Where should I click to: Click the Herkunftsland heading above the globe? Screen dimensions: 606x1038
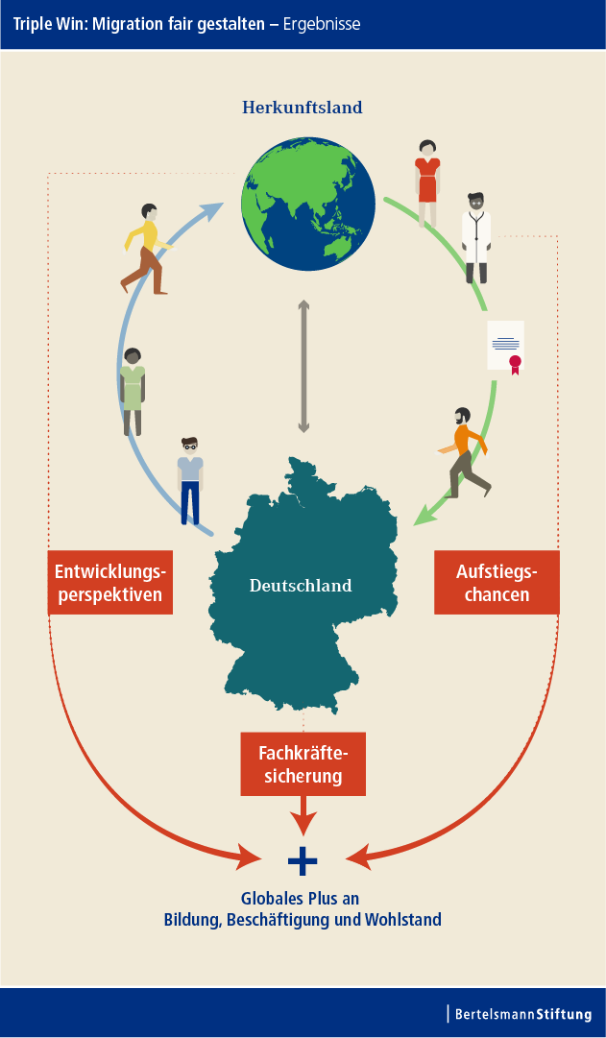click(x=302, y=108)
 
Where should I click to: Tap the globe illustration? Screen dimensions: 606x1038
click(x=308, y=204)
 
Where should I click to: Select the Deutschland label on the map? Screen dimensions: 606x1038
click(x=301, y=585)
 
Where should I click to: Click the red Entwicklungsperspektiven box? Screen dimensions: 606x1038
click(x=109, y=583)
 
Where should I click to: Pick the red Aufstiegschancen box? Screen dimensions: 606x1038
click(x=497, y=583)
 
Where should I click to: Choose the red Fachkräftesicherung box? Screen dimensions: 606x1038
click(x=303, y=764)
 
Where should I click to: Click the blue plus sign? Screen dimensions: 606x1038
click(x=303, y=861)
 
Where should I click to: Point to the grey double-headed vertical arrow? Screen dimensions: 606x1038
click(x=303, y=366)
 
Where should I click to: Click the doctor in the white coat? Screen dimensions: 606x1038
click(x=476, y=238)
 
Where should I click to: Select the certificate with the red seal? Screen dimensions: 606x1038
click(x=506, y=347)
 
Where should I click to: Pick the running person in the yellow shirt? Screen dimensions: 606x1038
click(x=146, y=249)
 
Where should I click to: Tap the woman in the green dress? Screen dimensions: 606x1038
click(x=133, y=392)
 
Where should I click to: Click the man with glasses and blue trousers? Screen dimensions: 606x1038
click(x=190, y=481)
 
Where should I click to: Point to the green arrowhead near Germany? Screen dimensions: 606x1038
click(x=424, y=516)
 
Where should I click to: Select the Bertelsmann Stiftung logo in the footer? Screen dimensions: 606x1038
click(x=522, y=1013)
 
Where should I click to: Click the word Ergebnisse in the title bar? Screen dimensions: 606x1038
click(x=322, y=25)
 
